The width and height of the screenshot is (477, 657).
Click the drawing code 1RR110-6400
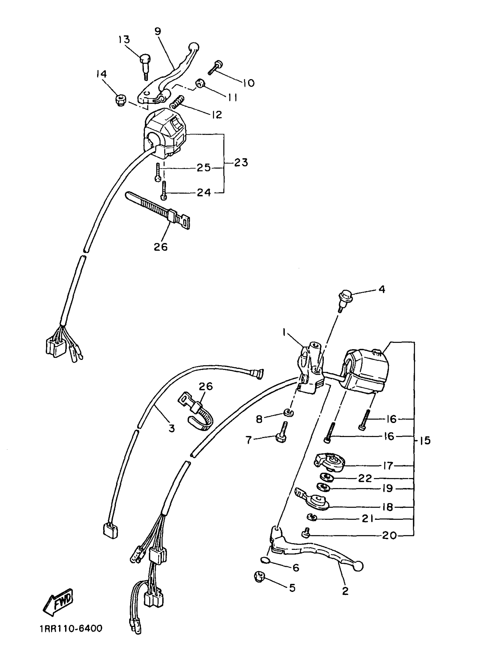[x=71, y=637]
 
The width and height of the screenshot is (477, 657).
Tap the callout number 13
[x=124, y=39]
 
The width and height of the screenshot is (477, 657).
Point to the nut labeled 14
[x=120, y=101]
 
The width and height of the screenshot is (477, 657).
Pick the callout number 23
[x=241, y=162]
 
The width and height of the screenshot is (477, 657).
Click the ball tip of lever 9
[x=194, y=47]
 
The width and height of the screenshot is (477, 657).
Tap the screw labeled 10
[x=214, y=67]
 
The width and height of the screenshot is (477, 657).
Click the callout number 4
[x=382, y=289]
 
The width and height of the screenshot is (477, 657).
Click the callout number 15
[x=425, y=441]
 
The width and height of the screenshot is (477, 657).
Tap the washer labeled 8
[x=289, y=413]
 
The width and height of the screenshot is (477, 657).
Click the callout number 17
[x=388, y=465]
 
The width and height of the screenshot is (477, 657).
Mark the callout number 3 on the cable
[x=172, y=428]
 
